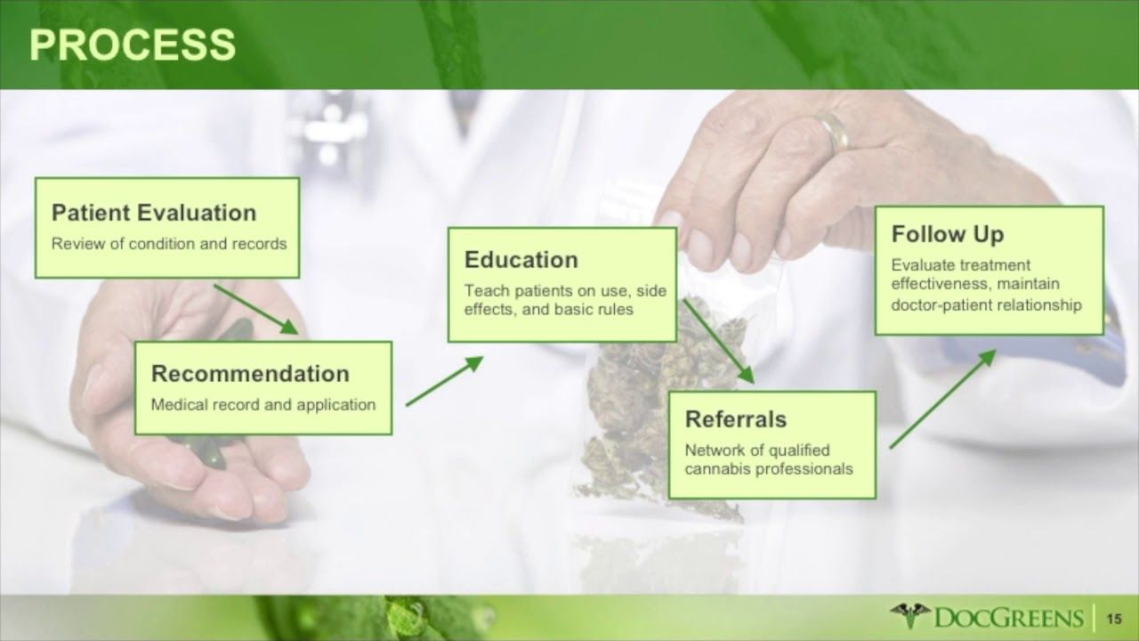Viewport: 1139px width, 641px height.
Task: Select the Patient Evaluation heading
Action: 154,213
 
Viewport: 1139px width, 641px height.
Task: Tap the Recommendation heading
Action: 250,373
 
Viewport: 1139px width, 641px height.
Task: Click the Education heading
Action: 521,260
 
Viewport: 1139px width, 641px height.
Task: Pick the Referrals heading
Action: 736,418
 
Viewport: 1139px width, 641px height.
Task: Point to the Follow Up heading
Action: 948,234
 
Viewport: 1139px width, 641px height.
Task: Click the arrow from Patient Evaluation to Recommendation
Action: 255,309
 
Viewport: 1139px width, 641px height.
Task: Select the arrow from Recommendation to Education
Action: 445,381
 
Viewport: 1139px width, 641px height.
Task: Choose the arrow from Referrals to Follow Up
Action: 942,398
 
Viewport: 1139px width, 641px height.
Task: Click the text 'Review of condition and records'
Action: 169,243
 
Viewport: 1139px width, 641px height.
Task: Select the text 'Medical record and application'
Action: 263,404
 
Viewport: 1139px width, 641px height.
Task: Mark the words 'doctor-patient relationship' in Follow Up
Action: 987,304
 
